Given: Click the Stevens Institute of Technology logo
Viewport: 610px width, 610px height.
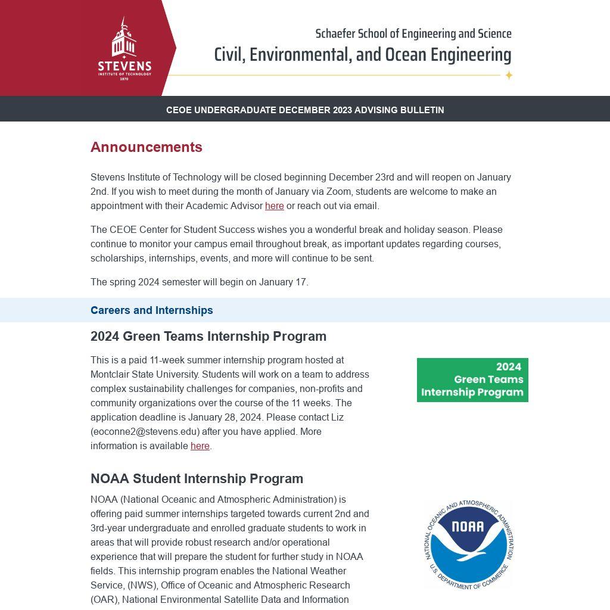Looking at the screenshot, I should (x=125, y=49).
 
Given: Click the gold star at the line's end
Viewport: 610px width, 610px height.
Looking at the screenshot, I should (x=509, y=75).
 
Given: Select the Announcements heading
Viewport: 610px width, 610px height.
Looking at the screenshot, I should (x=147, y=147).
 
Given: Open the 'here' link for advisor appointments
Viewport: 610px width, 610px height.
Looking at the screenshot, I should (x=274, y=206).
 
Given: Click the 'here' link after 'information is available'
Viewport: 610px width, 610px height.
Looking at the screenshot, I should (x=200, y=446).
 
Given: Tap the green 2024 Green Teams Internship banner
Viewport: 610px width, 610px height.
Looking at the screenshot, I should (x=472, y=379).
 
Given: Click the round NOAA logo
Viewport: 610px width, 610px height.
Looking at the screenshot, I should (x=469, y=544).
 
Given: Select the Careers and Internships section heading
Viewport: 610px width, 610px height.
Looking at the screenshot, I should (x=151, y=310).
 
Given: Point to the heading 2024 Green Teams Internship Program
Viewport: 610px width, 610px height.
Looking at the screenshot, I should (x=208, y=337).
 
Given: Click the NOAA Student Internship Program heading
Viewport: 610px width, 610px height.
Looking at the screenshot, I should (x=197, y=479).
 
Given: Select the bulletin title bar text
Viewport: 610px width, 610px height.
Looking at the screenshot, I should (x=305, y=110).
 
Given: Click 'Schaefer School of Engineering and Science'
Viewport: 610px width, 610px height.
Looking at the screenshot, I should (x=413, y=34).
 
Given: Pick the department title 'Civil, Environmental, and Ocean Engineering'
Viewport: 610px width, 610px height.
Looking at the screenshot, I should (x=362, y=55).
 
